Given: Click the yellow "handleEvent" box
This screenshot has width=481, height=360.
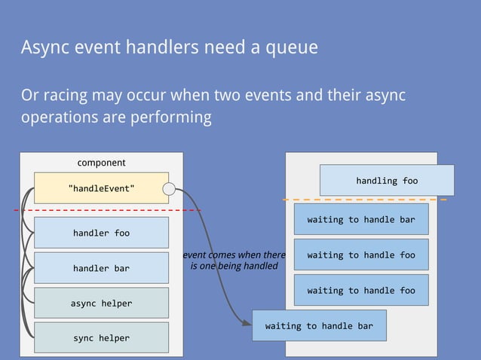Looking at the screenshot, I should point(101,188).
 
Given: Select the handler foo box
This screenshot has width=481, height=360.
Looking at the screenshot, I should point(101,233).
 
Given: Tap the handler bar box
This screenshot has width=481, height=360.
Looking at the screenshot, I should point(101,268).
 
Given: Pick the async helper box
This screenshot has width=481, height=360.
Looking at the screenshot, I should point(101,303).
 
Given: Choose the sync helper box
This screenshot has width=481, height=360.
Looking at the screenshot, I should point(101,337).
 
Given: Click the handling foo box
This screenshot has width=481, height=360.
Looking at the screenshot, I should point(387,181).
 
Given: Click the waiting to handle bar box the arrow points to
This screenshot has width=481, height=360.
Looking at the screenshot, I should point(319,325).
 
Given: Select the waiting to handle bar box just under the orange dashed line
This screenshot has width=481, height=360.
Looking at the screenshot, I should point(360,219).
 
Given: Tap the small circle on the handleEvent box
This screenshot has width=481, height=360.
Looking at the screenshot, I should point(170,188).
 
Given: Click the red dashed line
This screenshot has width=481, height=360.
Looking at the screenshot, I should point(106,210).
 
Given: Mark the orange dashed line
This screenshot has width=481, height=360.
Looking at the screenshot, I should point(365,200).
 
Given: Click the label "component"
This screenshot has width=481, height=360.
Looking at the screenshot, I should point(101,163).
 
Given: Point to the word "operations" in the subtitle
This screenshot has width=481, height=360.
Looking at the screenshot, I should point(57,118).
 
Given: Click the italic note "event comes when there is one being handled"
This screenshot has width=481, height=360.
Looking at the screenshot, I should point(234,261).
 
